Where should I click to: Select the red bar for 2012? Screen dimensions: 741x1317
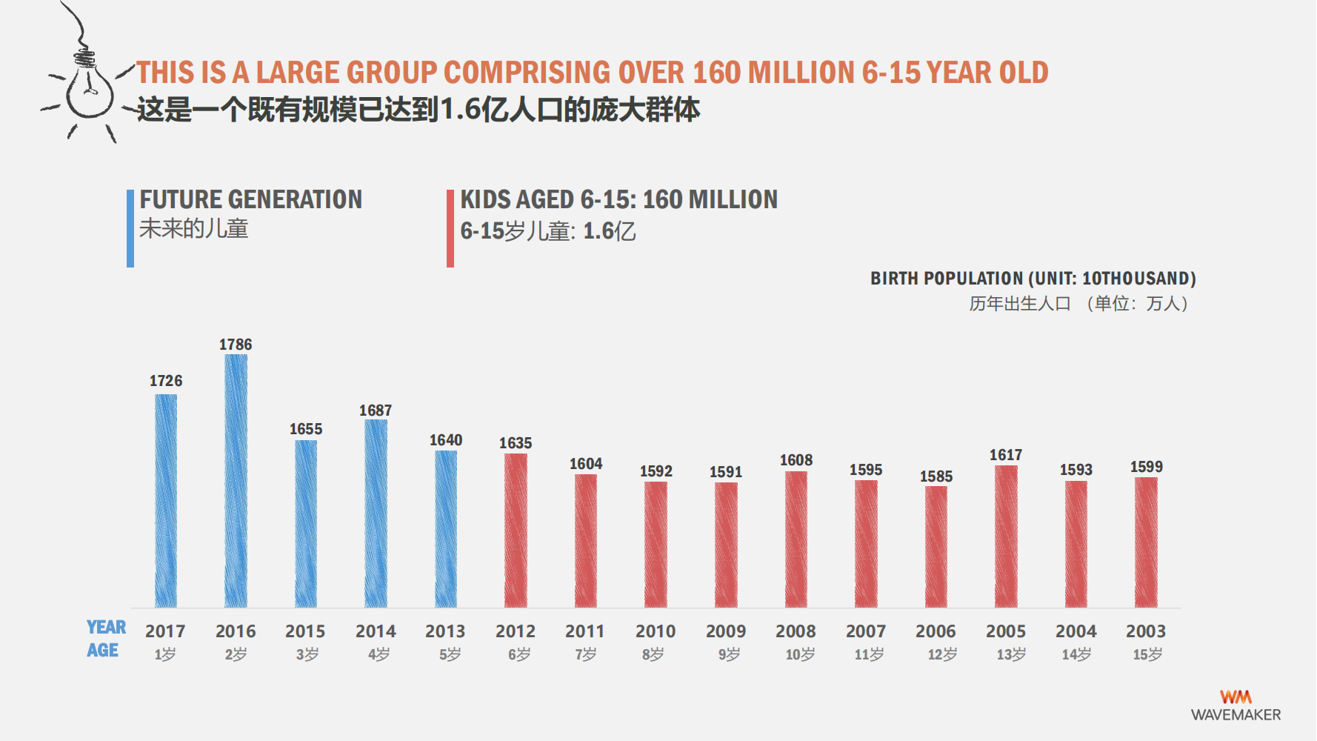click(516, 530)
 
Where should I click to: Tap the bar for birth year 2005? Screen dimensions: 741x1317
click(1006, 536)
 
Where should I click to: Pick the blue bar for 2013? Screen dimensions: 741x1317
click(446, 528)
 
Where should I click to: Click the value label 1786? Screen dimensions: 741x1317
click(236, 345)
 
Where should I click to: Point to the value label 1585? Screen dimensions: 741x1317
click(936, 476)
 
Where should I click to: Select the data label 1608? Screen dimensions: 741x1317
click(796, 460)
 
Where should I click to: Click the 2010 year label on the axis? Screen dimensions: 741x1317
click(656, 631)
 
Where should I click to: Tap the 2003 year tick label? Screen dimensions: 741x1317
click(1146, 631)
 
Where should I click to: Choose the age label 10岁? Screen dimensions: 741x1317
click(800, 654)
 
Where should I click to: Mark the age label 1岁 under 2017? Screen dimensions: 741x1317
click(165, 654)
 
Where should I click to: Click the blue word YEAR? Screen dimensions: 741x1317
click(107, 628)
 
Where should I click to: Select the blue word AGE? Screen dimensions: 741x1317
click(103, 651)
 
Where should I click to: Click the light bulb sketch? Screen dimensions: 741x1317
click(89, 85)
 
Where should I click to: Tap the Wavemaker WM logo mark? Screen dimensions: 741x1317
click(1236, 697)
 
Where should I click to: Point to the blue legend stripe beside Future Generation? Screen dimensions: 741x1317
click(130, 228)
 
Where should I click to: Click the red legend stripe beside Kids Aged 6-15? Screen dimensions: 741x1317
click(450, 228)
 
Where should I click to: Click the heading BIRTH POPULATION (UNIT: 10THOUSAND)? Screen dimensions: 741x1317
click(1033, 279)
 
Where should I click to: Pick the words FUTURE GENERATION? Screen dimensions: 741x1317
click(251, 199)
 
